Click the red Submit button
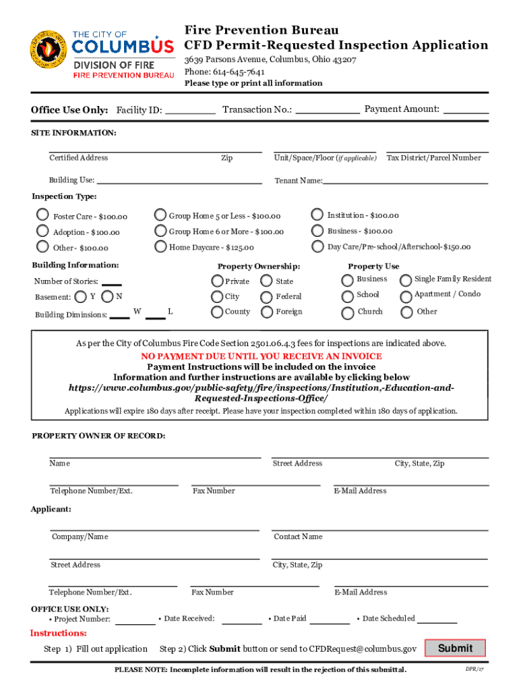455,648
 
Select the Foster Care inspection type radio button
42,216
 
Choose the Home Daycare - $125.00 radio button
160,247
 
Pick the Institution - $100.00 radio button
317,215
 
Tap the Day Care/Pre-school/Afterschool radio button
317,247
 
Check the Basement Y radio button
81,296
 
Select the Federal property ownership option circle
266,296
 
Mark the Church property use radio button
347,312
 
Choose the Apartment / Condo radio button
406,296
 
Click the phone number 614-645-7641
239,72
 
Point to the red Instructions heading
59,633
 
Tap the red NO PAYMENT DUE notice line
262,356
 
